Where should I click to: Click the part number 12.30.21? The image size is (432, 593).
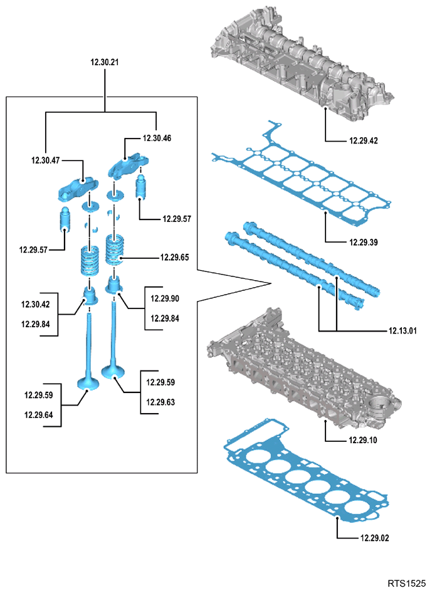pyautogui.click(x=105, y=63)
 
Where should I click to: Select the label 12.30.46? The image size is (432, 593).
pyautogui.click(x=157, y=139)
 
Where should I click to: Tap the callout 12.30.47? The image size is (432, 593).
pyautogui.click(x=45, y=160)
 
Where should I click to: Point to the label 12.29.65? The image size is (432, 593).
pyautogui.click(x=174, y=258)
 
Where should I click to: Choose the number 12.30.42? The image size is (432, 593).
pyautogui.click(x=36, y=305)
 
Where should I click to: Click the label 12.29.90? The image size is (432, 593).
pyautogui.click(x=165, y=299)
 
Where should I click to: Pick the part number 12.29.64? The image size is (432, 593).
pyautogui.click(x=39, y=415)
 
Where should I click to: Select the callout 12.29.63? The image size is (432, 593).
pyautogui.click(x=161, y=402)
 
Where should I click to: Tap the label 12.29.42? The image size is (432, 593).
pyautogui.click(x=363, y=140)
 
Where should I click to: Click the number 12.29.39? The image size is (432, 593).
pyautogui.click(x=363, y=243)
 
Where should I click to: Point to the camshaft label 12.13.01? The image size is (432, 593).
pyautogui.click(x=403, y=331)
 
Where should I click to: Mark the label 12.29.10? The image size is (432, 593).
pyautogui.click(x=363, y=440)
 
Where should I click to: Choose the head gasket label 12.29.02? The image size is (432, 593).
pyautogui.click(x=374, y=538)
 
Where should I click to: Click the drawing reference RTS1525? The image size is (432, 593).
pyautogui.click(x=407, y=583)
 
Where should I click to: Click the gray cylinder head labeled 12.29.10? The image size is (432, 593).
pyautogui.click(x=303, y=372)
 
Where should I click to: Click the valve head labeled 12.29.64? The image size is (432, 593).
pyautogui.click(x=88, y=383)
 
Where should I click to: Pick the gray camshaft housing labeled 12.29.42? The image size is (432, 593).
pyautogui.click(x=303, y=63)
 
